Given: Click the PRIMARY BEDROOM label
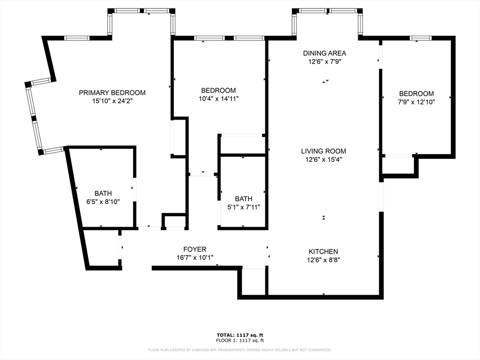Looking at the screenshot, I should pos(112,93).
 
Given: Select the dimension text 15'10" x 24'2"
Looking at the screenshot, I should pos(112,101).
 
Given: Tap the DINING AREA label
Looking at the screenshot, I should pos(324,53).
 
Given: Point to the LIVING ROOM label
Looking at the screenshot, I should pos(323,151).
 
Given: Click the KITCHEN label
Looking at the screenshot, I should pos(323,252).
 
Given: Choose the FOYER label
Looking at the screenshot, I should pos(195,249).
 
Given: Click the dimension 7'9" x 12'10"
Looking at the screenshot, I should pos(416,102).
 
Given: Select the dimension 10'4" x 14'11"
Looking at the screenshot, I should pos(218,98).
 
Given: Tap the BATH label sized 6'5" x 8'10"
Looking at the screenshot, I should pos(103,193).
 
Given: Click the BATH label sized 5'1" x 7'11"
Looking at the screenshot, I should pos(244,199).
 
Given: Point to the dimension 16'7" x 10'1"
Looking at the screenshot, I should pos(195,257).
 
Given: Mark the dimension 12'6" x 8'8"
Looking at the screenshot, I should pos(323,260).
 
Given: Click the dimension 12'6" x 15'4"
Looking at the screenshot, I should pos(323,159).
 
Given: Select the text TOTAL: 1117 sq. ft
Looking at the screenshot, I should pos(240,335).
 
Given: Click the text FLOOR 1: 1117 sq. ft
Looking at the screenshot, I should pos(240,340).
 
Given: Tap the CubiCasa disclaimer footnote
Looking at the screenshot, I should pos(240,350).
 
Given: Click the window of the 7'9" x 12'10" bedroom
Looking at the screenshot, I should pos(421,38).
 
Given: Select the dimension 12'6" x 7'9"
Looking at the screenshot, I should pos(324,61).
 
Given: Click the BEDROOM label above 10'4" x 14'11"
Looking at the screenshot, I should pos(218,90).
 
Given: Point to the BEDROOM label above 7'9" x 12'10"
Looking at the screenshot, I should pos(416,94).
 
